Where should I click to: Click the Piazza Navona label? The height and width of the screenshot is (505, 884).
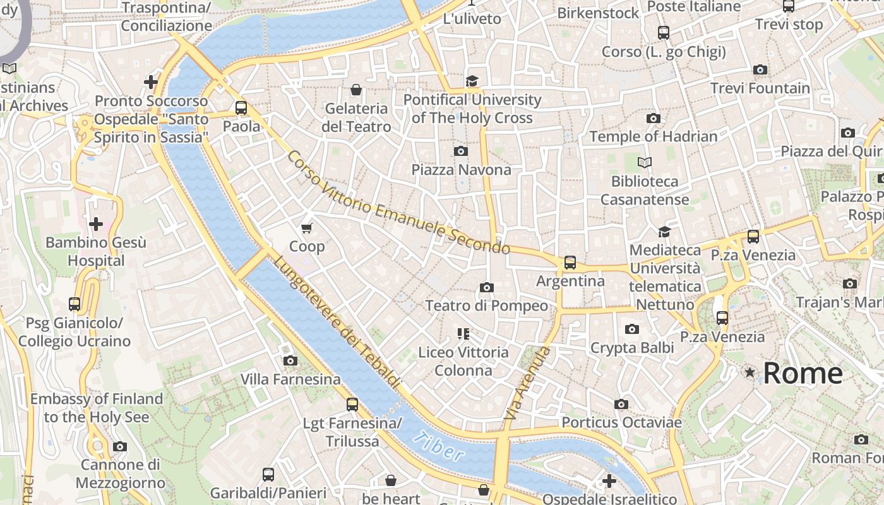[461, 170]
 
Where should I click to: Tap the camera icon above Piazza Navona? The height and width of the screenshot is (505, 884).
[461, 151]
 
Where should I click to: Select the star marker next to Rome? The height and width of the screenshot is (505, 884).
[750, 372]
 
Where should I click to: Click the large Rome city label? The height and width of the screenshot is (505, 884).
[803, 373]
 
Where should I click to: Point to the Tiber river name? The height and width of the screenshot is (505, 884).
[439, 446]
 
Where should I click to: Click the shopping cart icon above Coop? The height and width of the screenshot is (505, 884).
[307, 228]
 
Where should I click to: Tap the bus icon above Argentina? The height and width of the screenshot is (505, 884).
[570, 262]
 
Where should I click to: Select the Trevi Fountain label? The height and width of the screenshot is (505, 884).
[760, 88]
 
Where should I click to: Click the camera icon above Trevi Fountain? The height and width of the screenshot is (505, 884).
[760, 69]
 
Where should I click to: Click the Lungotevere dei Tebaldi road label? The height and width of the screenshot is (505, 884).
[337, 322]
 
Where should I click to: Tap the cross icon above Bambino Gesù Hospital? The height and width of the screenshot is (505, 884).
[96, 224]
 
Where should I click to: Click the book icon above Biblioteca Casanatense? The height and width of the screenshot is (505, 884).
[644, 163]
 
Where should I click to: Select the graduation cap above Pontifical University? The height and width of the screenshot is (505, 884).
[472, 81]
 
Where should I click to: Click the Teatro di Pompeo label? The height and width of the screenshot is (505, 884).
[486, 306]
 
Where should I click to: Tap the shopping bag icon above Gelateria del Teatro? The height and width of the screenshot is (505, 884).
[356, 90]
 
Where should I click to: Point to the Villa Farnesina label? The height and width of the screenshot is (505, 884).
[290, 379]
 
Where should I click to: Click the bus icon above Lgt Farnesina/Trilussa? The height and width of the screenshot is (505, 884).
[352, 404]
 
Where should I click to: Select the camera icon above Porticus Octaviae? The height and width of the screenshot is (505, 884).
[621, 404]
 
